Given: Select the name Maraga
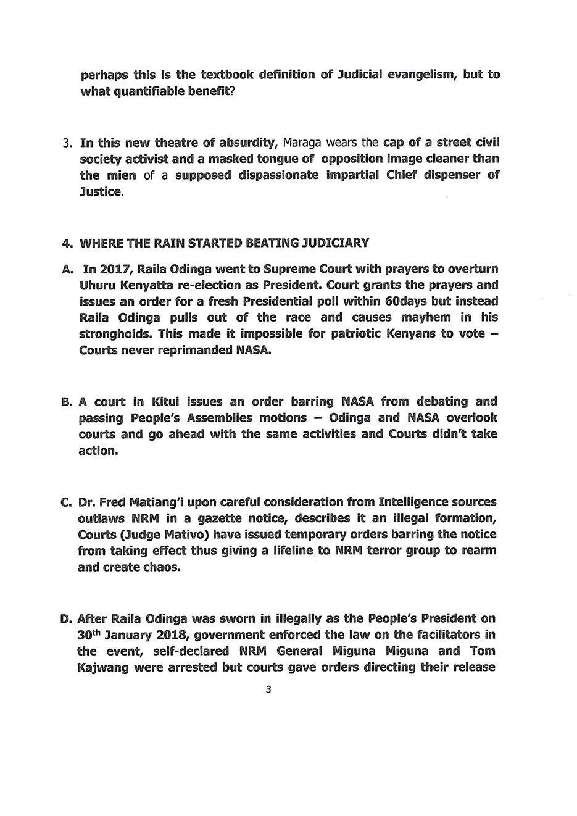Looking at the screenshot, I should [x=305, y=143].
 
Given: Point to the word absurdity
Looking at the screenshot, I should [x=246, y=143].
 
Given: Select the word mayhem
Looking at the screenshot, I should [x=421, y=317].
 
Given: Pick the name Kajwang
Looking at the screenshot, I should [x=102, y=667].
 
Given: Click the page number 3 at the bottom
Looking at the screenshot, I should [x=268, y=689].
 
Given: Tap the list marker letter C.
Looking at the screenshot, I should [x=67, y=501].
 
